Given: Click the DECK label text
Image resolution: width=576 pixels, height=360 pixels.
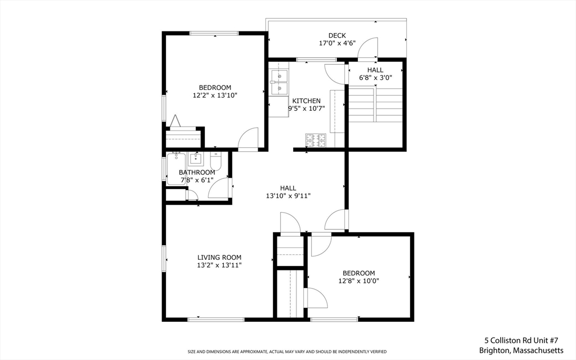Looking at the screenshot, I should [x=337, y=35].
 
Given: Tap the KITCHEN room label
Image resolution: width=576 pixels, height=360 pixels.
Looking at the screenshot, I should [x=306, y=101].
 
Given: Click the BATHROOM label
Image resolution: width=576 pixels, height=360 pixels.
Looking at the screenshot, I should [x=197, y=172].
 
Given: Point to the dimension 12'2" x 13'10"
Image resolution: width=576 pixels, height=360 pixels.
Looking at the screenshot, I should [x=215, y=96].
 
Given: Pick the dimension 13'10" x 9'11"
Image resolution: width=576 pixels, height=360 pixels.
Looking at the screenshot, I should [x=288, y=196].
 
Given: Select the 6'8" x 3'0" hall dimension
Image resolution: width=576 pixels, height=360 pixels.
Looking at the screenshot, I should [x=375, y=78].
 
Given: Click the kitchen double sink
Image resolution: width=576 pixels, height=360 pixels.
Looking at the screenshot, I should [x=278, y=82].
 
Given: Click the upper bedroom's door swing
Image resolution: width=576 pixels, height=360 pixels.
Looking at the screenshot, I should [x=248, y=139].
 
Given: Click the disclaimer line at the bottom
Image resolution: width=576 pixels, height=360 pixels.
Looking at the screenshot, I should [x=287, y=352].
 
